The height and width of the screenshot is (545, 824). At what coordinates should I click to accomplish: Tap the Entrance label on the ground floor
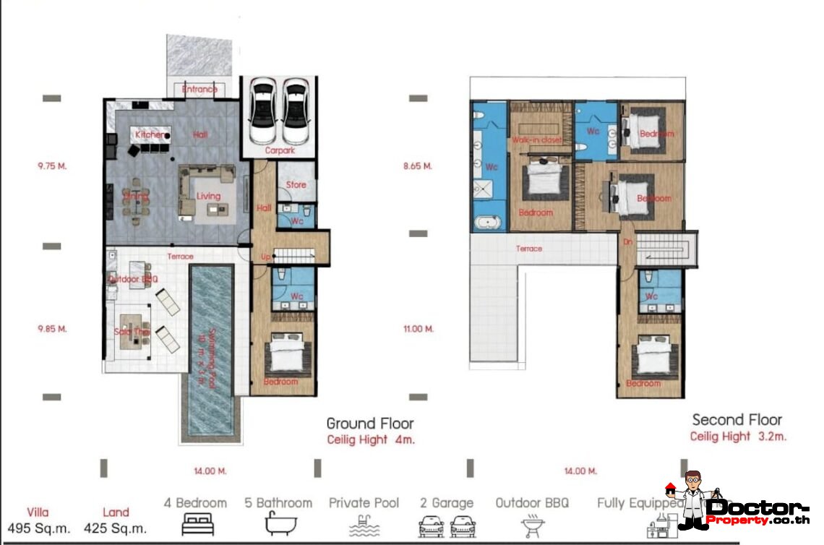[199, 90]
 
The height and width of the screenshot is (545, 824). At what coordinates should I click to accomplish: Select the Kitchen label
[149, 134]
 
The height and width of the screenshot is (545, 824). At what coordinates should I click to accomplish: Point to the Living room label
[209, 196]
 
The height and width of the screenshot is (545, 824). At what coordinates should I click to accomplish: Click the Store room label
[296, 184]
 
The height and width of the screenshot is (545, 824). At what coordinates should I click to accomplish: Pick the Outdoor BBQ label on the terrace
[134, 279]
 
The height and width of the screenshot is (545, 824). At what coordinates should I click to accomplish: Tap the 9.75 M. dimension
[52, 166]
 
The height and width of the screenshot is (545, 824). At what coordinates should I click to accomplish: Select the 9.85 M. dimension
[52, 328]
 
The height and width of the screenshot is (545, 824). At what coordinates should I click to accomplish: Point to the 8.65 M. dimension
[417, 166]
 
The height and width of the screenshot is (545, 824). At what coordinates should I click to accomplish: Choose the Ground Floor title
[370, 423]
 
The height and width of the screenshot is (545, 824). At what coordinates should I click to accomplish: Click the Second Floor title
[737, 419]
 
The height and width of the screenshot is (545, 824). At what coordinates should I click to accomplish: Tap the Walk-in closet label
[537, 139]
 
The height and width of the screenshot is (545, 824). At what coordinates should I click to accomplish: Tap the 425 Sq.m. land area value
[116, 528]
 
